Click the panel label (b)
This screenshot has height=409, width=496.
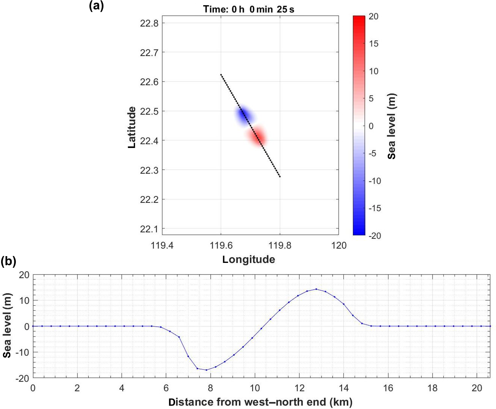[8, 261]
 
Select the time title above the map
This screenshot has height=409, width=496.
[248, 9]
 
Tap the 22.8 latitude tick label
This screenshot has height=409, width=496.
[149, 23]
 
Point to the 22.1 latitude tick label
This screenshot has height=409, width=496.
[149, 229]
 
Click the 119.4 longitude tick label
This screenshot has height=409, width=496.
[162, 246]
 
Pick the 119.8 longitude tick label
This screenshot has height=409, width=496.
[280, 246]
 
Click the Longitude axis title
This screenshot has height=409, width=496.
[248, 260]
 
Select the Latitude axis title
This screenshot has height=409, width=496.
[132, 127]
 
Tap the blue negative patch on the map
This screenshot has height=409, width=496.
[245, 114]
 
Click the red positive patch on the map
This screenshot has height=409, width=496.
[257, 136]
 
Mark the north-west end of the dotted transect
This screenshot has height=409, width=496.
[221, 75]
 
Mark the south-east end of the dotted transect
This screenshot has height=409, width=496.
[280, 177]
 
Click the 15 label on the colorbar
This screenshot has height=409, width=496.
[374, 44]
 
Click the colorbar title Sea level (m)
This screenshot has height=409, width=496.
[392, 126]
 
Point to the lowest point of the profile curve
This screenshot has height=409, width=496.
[206, 370]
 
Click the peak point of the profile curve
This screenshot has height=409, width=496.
[316, 289]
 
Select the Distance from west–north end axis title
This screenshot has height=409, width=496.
[260, 402]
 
